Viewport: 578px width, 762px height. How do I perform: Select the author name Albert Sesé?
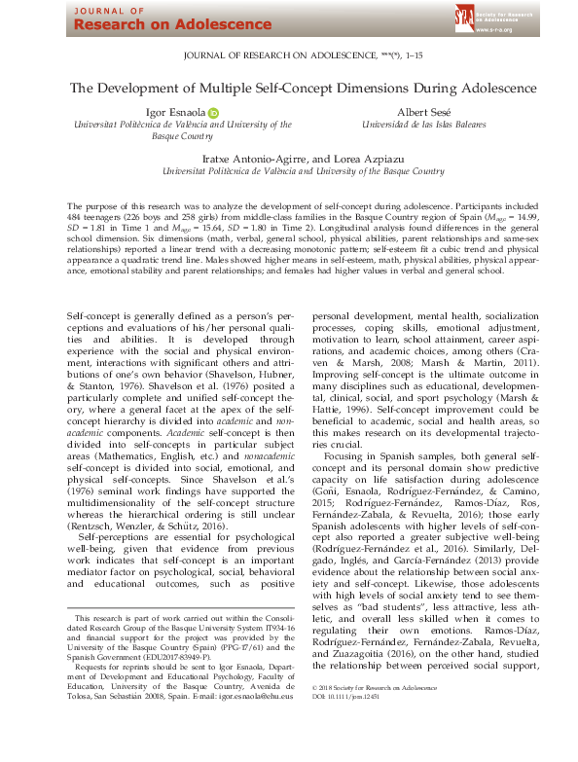[424, 112]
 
